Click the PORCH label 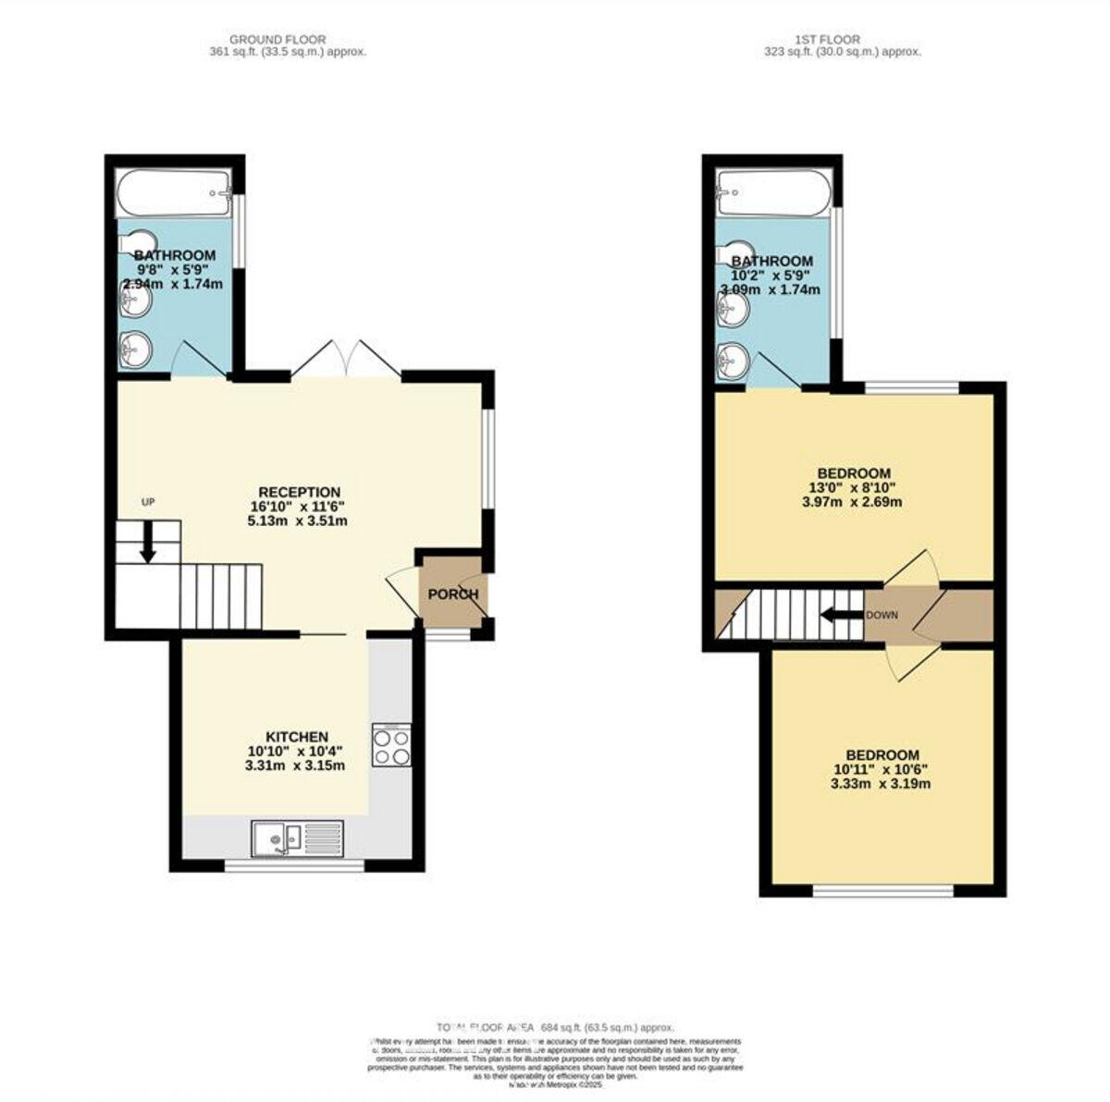(453, 594)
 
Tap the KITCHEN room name (297, 737)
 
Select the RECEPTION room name (299, 492)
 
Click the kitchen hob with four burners (391, 745)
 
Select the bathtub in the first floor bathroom (774, 193)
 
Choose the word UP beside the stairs (148, 502)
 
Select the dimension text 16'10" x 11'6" (299, 507)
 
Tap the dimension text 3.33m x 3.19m (880, 784)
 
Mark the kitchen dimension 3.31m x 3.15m (295, 765)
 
